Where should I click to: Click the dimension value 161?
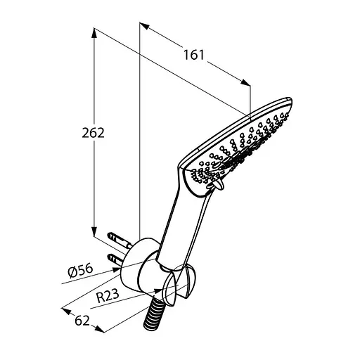(194, 55)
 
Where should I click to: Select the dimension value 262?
(93, 133)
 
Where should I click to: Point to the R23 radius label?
(108, 296)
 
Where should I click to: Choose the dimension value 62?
(82, 321)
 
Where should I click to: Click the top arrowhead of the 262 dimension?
(94, 33)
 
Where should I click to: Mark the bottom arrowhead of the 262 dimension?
(94, 231)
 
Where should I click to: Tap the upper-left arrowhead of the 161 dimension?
(144, 25)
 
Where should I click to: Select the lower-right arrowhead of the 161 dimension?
(245, 82)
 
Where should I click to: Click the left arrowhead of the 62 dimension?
(66, 311)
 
